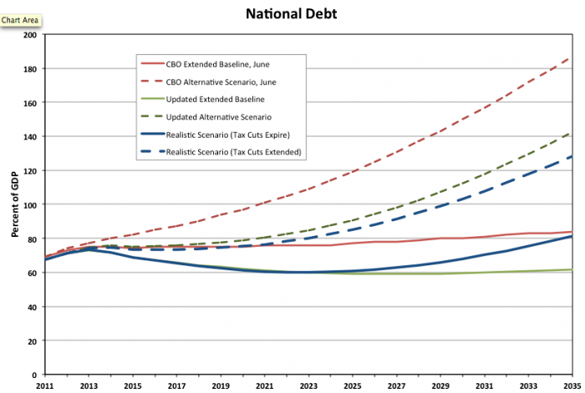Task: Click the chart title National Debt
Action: (292, 14)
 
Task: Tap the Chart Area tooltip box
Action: (21, 18)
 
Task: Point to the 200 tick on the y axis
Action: (31, 35)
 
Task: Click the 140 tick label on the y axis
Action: (31, 137)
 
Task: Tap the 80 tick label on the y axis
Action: (33, 239)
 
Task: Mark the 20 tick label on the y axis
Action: (33, 340)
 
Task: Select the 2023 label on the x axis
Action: (308, 385)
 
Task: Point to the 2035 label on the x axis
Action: (572, 385)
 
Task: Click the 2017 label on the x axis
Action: (175, 385)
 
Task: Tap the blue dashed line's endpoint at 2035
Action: (572, 156)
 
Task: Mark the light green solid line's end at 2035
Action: (572, 270)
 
